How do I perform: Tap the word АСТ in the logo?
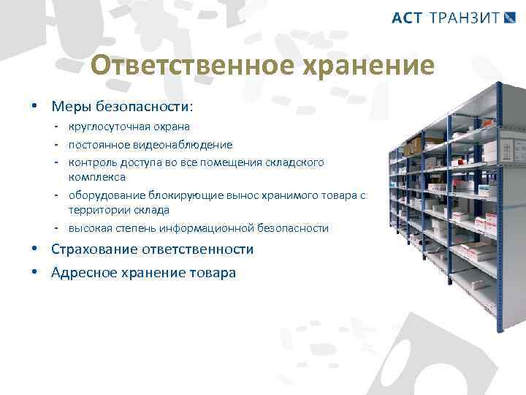(407, 18)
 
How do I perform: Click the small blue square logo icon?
(510, 18)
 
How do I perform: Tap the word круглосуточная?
(105, 127)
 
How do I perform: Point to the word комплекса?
(97, 177)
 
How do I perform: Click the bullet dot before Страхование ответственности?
(35, 249)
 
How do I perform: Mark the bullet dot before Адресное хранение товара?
(35, 272)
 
